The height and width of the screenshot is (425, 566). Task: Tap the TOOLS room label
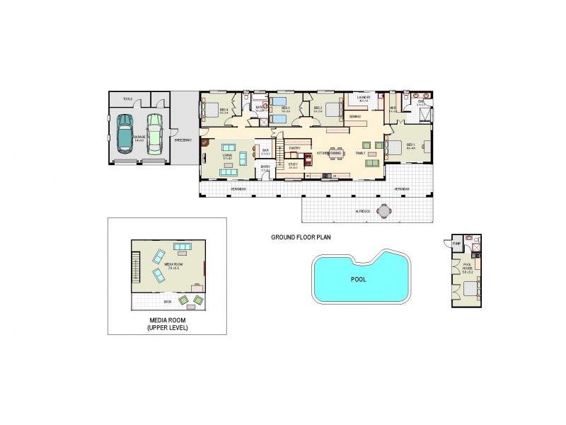point(127,99)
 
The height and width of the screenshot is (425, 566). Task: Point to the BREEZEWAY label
point(183,140)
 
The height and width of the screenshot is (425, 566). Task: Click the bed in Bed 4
point(212,109)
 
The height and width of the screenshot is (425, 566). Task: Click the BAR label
point(266,150)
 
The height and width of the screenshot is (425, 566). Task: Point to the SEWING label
point(356,116)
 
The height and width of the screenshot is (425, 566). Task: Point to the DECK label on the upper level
point(168,301)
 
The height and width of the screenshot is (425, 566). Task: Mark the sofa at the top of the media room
point(183,248)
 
